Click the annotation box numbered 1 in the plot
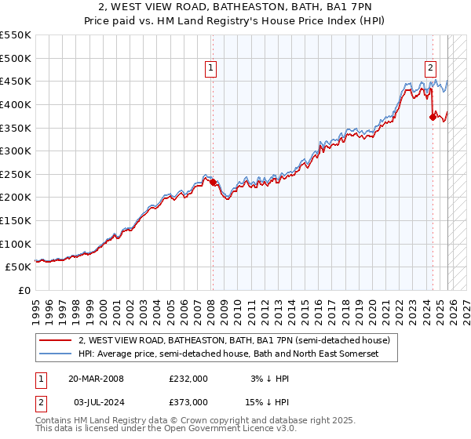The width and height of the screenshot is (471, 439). click(x=212, y=68)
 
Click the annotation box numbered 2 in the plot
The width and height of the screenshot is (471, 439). click(x=431, y=68)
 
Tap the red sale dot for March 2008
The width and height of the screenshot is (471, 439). click(x=213, y=182)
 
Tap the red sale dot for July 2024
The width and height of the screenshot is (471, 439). click(x=433, y=117)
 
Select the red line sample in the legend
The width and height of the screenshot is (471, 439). click(x=56, y=340)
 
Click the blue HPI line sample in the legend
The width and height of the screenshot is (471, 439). click(x=56, y=354)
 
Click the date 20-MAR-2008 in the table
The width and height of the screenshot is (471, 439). click(x=96, y=378)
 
